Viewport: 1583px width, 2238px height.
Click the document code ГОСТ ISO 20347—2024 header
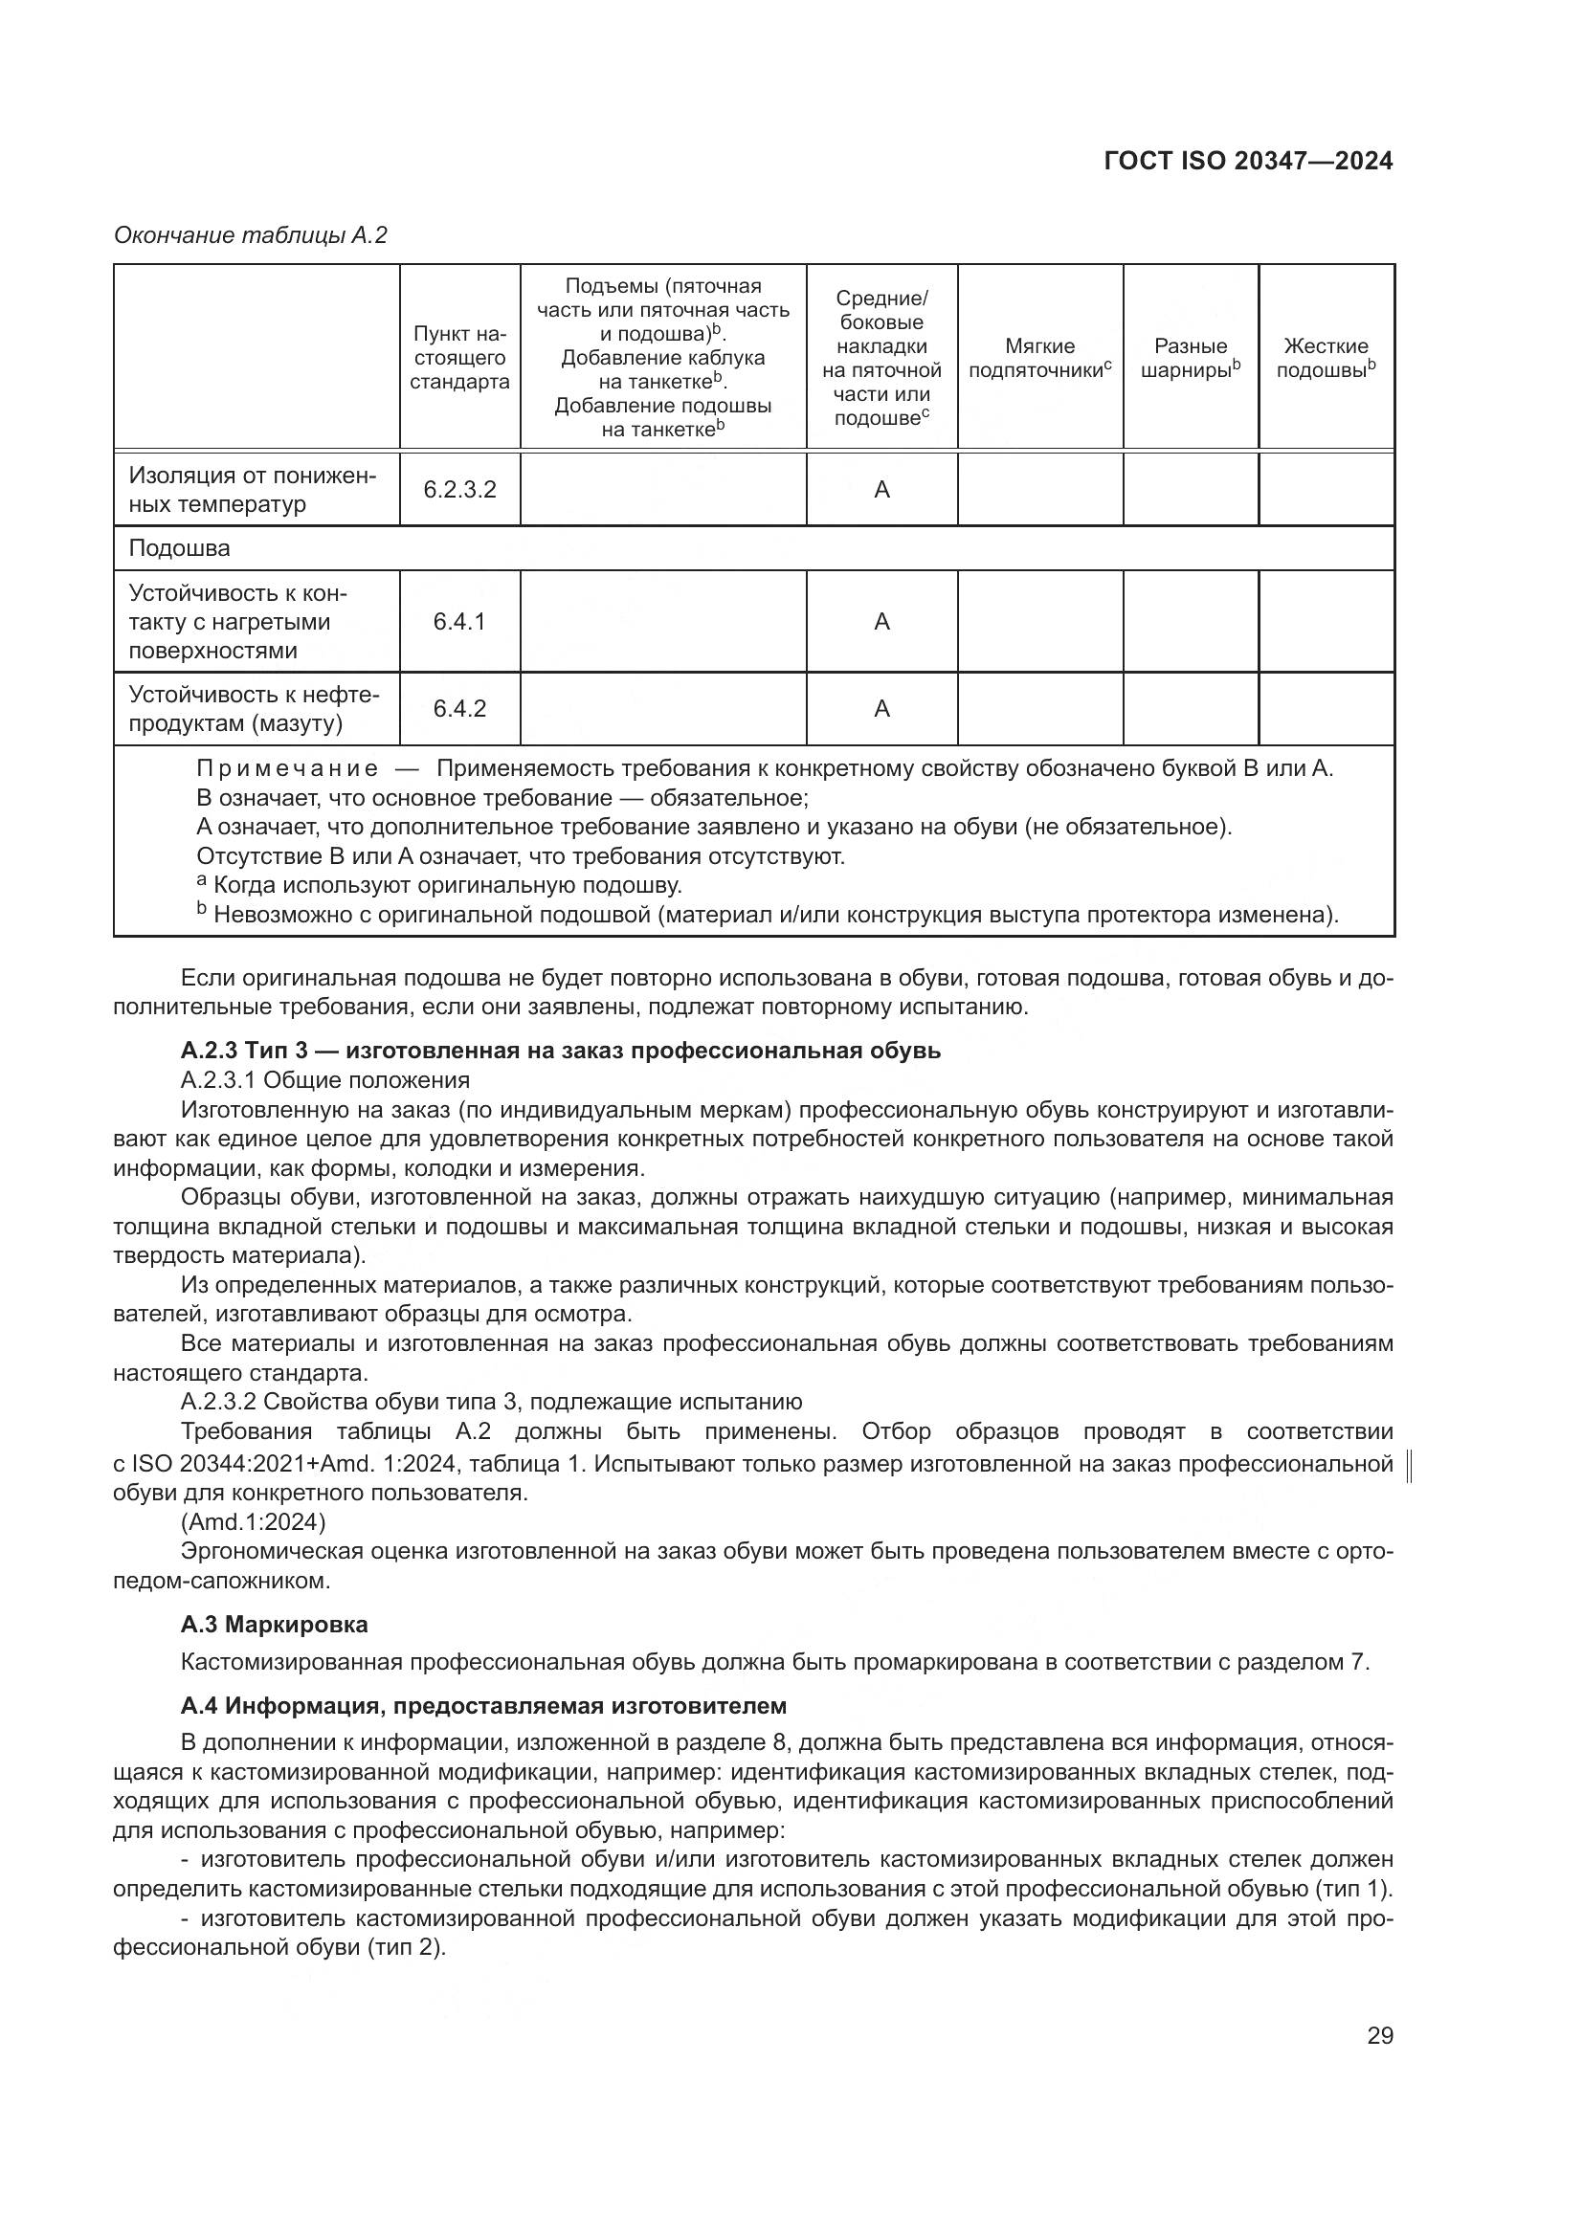tap(1248, 161)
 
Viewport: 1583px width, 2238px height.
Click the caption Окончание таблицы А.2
tap(251, 235)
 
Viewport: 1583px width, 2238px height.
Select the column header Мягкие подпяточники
tap(1039, 358)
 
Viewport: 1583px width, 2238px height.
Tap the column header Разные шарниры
tap(1191, 358)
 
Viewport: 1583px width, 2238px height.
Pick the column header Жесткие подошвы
tap(1326, 358)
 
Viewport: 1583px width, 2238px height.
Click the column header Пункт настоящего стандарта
tap(459, 358)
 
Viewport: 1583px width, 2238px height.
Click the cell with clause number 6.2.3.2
tap(459, 489)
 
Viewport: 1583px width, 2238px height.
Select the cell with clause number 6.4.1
tap(459, 622)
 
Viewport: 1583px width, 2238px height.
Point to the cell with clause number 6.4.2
tap(459, 709)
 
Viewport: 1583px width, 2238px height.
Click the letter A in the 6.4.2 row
tap(881, 709)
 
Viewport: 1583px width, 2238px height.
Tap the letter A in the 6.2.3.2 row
tap(881, 489)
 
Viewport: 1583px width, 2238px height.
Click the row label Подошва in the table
tap(179, 548)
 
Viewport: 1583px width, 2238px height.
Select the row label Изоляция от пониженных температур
tap(252, 489)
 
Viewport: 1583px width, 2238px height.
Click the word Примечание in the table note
tap(286, 768)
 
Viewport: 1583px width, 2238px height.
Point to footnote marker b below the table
tap(202, 908)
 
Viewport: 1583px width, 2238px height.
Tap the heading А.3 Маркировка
tap(274, 1624)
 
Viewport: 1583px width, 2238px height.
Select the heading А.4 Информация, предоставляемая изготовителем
tap(483, 1706)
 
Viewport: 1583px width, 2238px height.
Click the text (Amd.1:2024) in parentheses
tap(254, 1520)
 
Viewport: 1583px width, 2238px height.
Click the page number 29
tap(1379, 2035)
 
